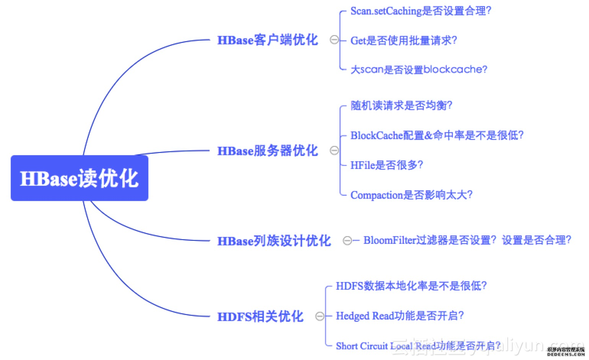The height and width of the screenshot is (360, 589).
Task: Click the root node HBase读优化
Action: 79,178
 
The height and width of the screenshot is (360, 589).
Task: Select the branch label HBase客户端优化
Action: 267,40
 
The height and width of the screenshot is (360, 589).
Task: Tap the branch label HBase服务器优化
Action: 267,151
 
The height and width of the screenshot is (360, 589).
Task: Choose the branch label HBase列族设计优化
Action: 274,241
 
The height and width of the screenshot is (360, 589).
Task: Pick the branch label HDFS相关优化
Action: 260,316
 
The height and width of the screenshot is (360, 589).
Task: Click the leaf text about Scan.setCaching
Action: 420,11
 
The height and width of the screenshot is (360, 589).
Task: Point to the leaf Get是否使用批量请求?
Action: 404,40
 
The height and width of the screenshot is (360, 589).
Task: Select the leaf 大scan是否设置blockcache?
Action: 419,70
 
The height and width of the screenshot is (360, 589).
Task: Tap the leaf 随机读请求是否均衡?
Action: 401,105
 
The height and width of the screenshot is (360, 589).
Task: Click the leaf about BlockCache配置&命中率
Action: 437,135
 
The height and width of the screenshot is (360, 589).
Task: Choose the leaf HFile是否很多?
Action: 387,165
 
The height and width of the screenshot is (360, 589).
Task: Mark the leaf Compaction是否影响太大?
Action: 411,195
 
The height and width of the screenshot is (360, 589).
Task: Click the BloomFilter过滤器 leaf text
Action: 467,240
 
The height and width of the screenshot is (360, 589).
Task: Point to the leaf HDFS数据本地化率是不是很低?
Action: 411,285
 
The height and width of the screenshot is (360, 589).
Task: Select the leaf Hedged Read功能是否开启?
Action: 400,316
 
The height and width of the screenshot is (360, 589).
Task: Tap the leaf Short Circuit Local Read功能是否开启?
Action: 418,346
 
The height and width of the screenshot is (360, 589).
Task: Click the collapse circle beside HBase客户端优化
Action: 334,40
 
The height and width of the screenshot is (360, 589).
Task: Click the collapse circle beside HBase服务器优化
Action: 334,151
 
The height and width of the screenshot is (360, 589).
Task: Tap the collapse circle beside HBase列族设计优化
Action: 347,240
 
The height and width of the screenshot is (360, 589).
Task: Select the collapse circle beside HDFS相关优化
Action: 320,316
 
